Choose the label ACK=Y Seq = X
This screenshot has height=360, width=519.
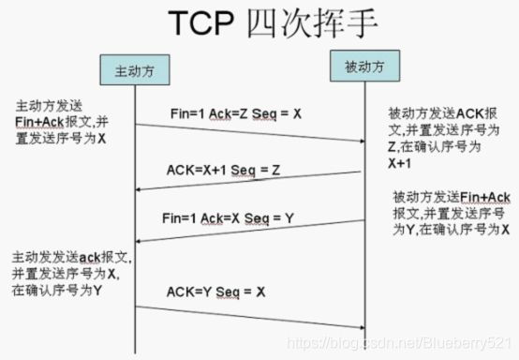(216, 291)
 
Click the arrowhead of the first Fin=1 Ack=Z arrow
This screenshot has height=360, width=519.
(359, 141)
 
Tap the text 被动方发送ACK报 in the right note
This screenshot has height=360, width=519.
(432, 112)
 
